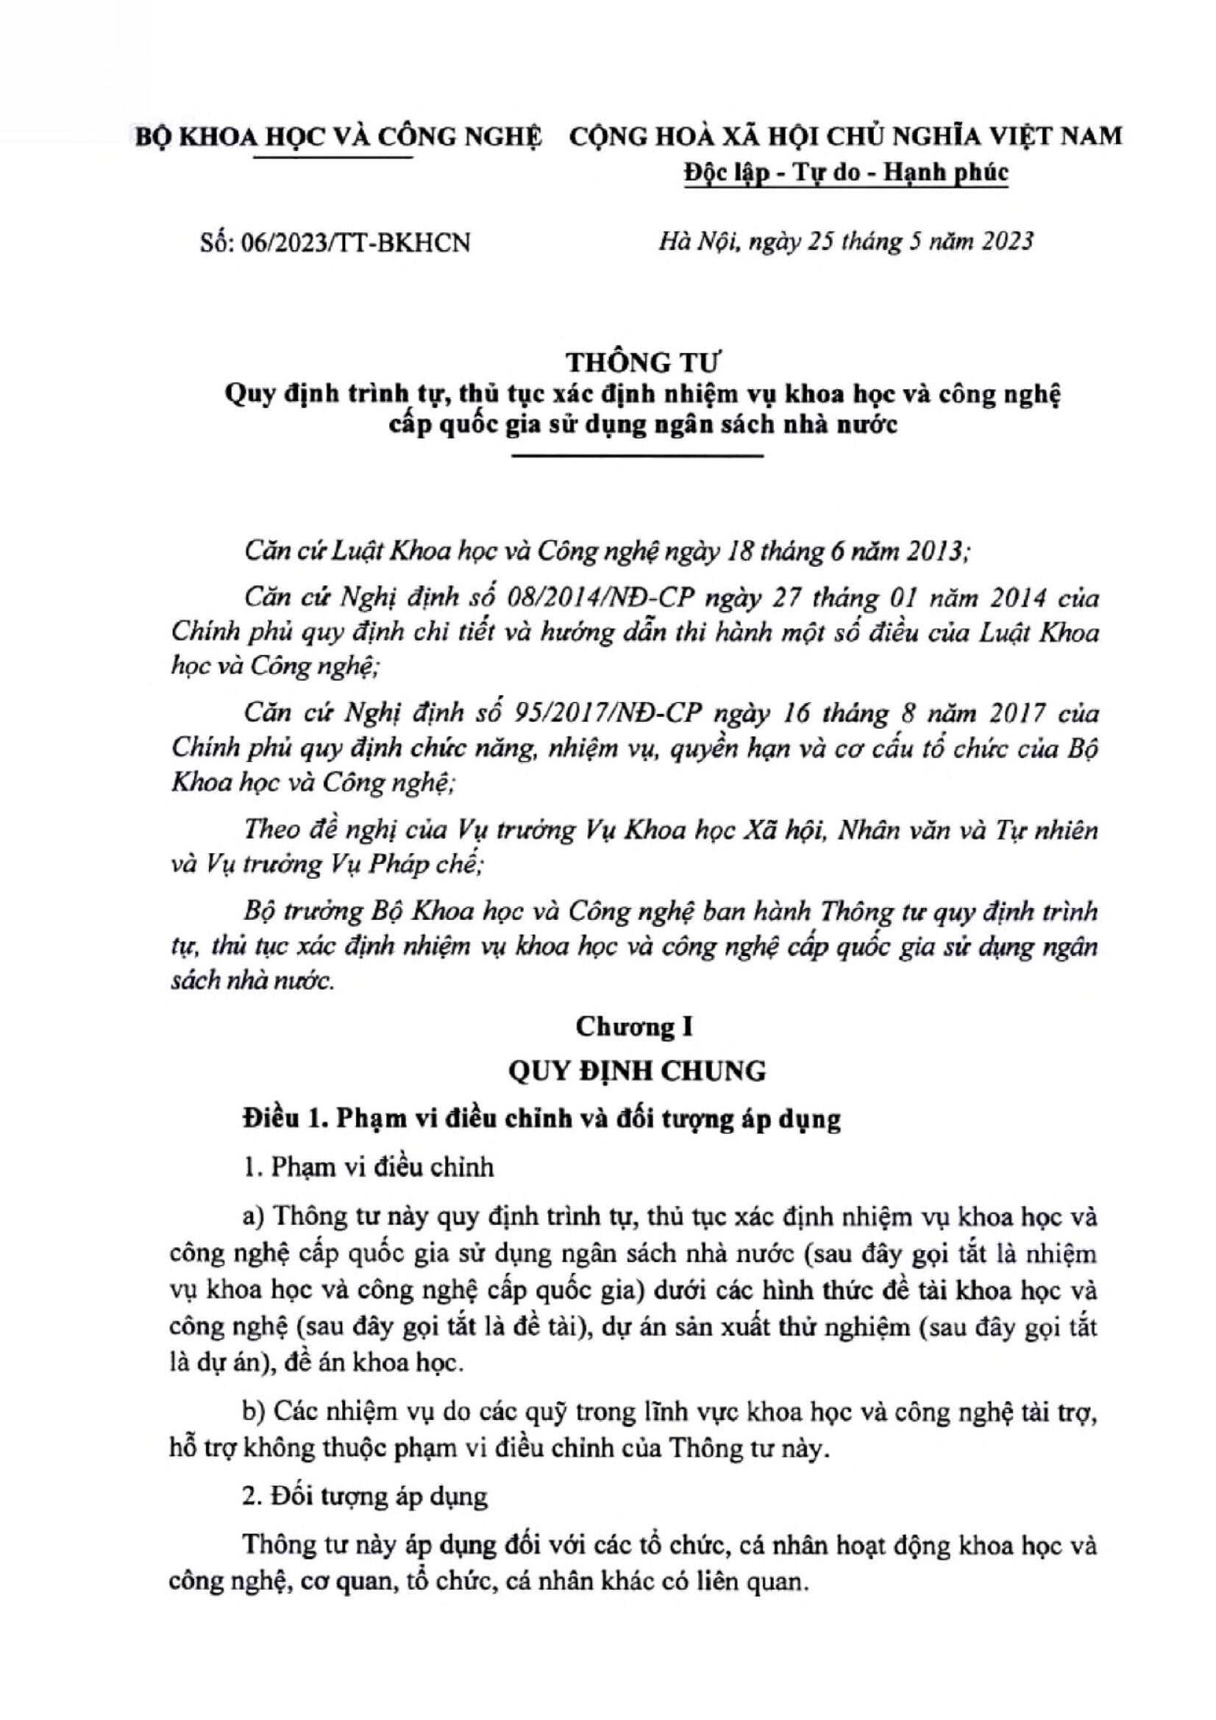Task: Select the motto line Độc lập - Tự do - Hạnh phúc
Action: click(x=847, y=172)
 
